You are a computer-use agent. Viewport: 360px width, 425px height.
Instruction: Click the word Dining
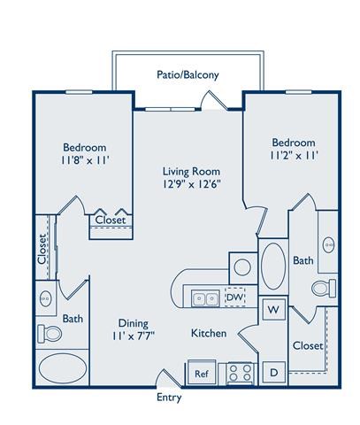133,323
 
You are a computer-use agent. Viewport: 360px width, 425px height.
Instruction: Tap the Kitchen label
209,333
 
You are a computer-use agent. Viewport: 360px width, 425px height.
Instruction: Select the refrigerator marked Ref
201,374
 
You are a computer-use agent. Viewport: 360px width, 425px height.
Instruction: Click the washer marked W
273,310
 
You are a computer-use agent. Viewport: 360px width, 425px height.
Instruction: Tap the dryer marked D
273,373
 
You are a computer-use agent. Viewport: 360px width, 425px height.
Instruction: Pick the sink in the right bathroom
329,243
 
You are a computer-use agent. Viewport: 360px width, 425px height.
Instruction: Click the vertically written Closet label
42,250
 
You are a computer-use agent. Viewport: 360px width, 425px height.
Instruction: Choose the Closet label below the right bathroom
307,345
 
